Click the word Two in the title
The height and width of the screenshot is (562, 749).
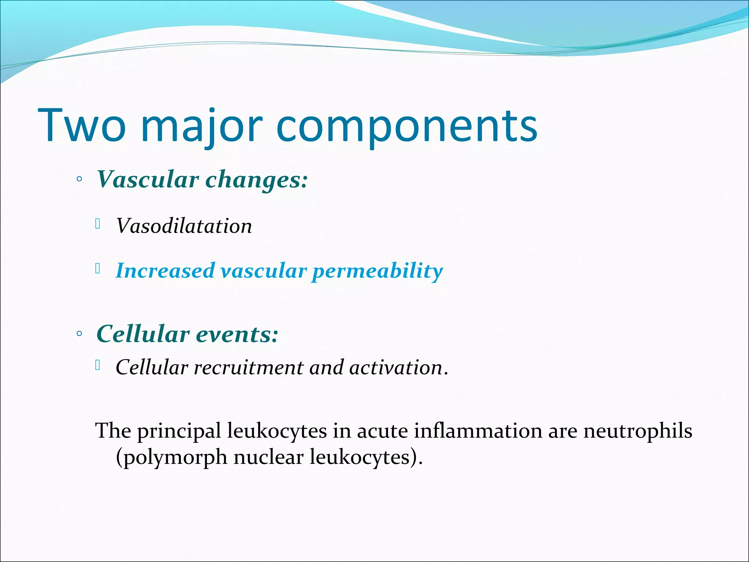(x=82, y=125)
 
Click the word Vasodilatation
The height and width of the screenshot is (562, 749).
(x=184, y=226)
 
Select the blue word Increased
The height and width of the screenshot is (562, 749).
(x=165, y=271)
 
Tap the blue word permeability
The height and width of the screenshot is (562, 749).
(x=377, y=271)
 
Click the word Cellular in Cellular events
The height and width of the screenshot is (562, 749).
(x=143, y=334)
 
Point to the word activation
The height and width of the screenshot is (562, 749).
(x=396, y=367)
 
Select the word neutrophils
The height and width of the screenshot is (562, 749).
(x=637, y=431)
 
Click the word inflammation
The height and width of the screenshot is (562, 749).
(x=478, y=431)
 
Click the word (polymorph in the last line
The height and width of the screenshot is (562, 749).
(x=171, y=457)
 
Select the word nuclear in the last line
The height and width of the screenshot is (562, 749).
(x=268, y=457)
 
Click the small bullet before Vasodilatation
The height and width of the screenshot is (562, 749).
(x=98, y=224)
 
